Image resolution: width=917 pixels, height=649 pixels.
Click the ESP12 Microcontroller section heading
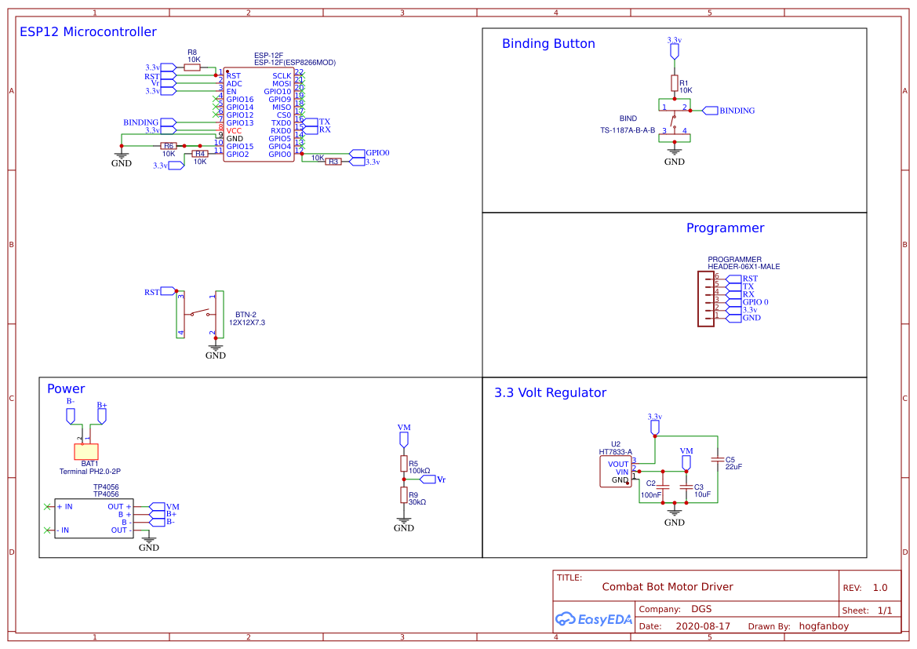pos(88,32)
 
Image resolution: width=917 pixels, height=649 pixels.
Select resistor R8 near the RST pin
pos(192,67)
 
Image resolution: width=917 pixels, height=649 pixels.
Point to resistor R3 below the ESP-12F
pos(333,162)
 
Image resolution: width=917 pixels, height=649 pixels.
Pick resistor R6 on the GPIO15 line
pos(169,146)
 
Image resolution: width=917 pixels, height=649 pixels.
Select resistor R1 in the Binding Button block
pos(674,83)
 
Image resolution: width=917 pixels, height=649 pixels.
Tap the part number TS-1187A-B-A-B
pos(628,130)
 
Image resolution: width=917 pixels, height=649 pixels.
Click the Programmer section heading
pos(725,228)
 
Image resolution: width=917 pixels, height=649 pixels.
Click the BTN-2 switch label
pos(246,315)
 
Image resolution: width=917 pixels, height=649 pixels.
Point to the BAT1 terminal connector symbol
pos(86,451)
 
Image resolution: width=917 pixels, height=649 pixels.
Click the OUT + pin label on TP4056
pos(120,507)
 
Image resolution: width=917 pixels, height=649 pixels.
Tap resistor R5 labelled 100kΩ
pos(404,464)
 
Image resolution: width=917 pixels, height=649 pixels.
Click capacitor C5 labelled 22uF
pos(717,460)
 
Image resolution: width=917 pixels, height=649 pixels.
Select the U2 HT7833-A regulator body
pos(615,472)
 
